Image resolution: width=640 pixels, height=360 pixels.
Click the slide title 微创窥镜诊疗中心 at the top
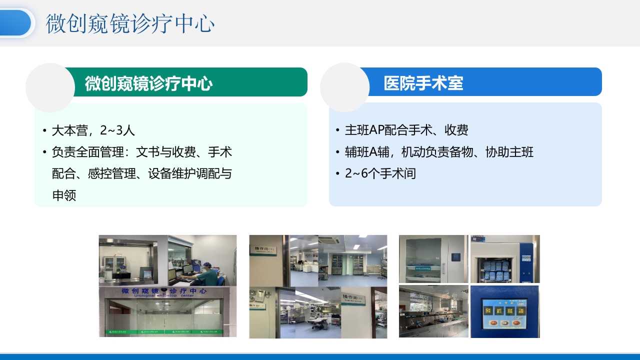(x=130, y=23)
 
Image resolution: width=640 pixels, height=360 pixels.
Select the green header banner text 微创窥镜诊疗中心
(x=148, y=83)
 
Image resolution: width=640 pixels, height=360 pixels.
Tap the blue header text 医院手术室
(x=423, y=83)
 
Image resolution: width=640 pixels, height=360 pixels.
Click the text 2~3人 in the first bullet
(x=117, y=130)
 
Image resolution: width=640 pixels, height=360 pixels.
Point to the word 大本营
(x=70, y=130)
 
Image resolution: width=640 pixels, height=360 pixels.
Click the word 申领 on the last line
(x=64, y=195)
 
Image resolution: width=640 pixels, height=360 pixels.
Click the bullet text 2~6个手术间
(x=380, y=173)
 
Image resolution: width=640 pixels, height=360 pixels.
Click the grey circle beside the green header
(x=50, y=87)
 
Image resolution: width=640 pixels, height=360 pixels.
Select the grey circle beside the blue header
(x=344, y=87)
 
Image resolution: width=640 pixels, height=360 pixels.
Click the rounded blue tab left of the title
(x=16, y=23)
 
